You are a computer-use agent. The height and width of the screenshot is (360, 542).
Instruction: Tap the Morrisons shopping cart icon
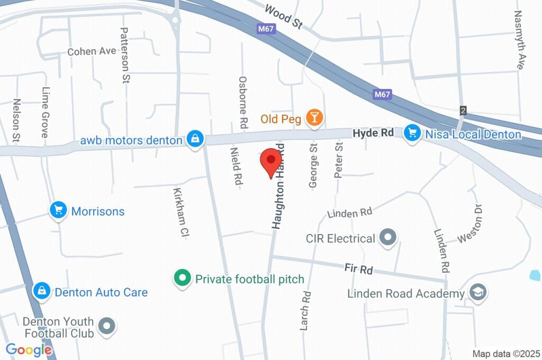click(58, 211)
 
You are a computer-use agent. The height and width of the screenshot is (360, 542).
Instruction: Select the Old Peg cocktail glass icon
click(315, 118)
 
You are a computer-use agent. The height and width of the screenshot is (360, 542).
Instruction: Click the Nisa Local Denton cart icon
click(412, 133)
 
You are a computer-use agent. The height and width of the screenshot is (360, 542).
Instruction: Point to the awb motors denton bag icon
click(195, 139)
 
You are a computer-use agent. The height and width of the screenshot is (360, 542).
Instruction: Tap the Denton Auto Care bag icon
click(41, 291)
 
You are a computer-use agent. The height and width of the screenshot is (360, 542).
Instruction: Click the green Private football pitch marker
click(183, 277)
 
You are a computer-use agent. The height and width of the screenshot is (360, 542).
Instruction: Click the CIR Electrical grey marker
click(388, 238)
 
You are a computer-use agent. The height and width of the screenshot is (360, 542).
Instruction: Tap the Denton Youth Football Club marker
click(107, 327)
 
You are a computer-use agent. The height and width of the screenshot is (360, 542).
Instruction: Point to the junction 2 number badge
click(464, 111)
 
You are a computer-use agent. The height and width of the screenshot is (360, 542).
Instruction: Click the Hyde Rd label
click(373, 133)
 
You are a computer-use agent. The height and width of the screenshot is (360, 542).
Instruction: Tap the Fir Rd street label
click(358, 268)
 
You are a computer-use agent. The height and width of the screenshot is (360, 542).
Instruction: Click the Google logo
click(29, 350)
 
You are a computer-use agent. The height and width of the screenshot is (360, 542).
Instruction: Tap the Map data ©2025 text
click(506, 354)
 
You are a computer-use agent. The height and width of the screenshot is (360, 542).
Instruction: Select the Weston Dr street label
click(471, 222)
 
